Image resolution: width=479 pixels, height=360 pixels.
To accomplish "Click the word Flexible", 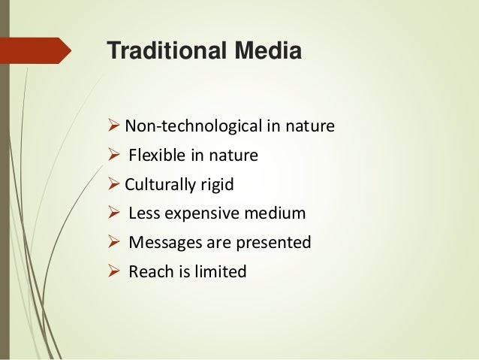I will pos(155,156).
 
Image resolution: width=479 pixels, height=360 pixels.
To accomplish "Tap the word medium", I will pos(278,213).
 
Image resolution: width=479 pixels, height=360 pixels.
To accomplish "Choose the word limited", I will pos(217,271).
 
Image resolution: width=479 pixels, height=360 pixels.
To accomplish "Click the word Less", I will pos(143,213).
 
